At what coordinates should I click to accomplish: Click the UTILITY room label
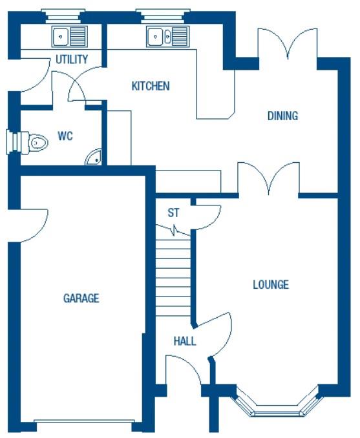[x=71, y=60]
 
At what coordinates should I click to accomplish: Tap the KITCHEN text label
[x=151, y=86]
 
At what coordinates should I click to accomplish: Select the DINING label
[x=282, y=116]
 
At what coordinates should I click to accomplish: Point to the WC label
[x=65, y=136]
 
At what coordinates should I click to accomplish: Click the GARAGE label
[x=81, y=298]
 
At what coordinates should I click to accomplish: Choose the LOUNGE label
[x=270, y=284]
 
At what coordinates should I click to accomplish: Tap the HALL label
[x=185, y=341]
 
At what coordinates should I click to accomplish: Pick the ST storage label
[x=173, y=213]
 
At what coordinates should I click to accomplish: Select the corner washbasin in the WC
[x=94, y=156]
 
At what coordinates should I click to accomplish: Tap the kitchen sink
[x=167, y=36]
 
